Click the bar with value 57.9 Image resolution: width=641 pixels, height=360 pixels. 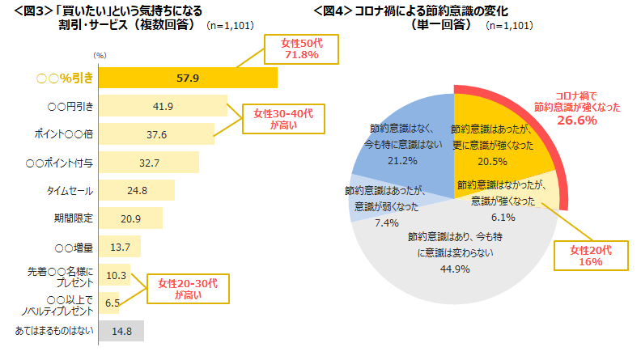(187, 78)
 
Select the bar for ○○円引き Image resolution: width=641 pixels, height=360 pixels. (162, 106)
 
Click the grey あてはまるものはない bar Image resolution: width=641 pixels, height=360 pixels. (121, 330)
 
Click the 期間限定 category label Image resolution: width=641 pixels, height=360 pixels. (74, 218)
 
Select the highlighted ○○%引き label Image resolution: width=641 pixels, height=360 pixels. (65, 78)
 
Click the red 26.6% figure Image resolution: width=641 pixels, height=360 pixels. (576, 121)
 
